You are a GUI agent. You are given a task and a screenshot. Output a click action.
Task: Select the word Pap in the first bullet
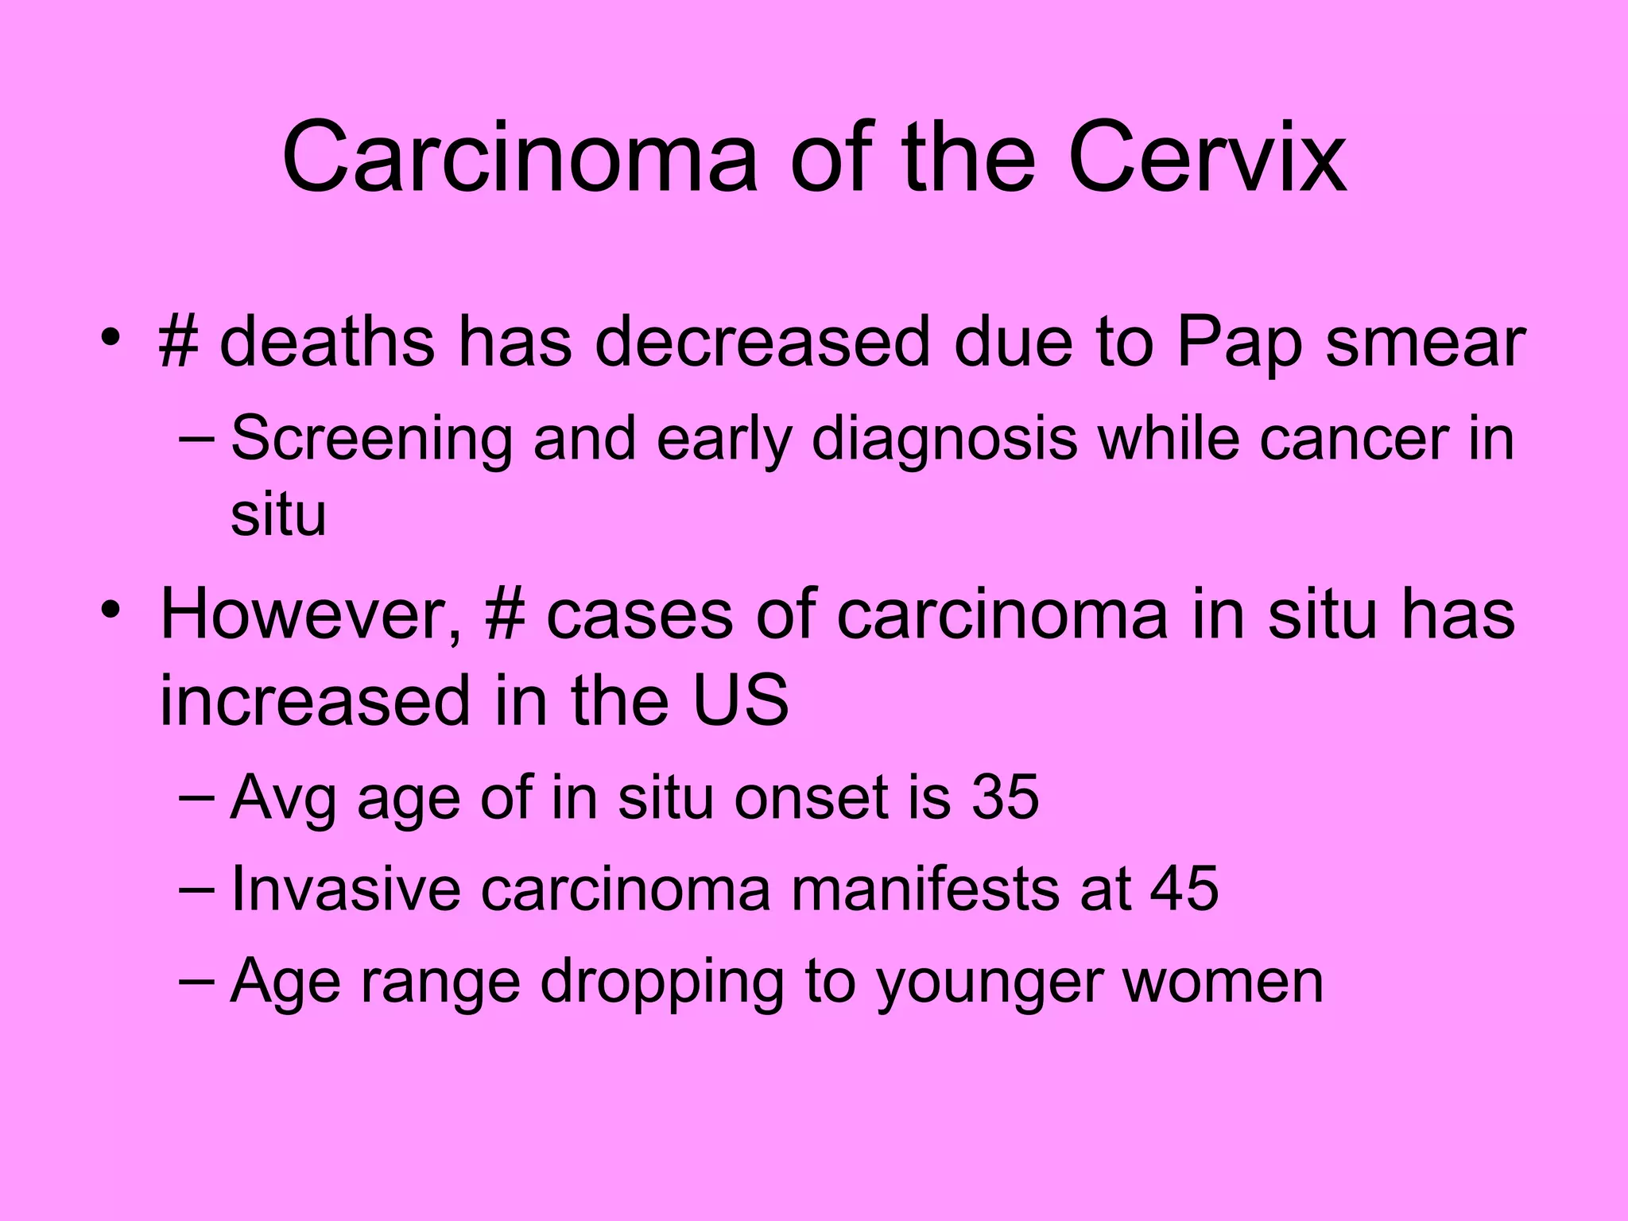point(1240,343)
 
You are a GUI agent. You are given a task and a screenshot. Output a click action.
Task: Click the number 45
point(1184,889)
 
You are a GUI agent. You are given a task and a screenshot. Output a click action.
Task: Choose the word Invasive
point(346,889)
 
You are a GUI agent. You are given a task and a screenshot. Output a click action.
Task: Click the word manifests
point(925,889)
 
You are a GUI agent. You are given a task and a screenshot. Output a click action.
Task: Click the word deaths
point(327,343)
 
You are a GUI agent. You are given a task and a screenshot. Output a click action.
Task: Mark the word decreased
point(762,343)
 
